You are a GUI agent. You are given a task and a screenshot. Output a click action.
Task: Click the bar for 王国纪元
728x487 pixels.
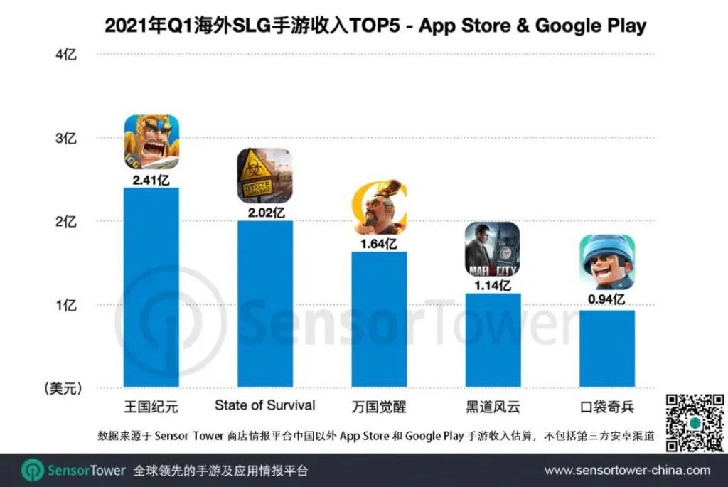[x=151, y=287]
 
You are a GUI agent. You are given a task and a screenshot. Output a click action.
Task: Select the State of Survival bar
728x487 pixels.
[x=264, y=304]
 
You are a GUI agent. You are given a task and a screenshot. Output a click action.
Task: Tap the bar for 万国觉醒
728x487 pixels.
[x=380, y=319]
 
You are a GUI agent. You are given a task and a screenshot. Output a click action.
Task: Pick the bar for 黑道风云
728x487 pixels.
[x=493, y=340]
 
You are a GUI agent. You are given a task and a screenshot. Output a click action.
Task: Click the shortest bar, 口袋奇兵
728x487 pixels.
[x=607, y=348]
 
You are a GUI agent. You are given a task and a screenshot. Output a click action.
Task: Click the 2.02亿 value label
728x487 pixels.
[x=264, y=212]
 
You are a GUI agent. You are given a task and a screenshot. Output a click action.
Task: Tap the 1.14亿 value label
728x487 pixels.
[x=493, y=285]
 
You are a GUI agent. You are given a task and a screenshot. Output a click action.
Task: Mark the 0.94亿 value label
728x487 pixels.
[x=607, y=301]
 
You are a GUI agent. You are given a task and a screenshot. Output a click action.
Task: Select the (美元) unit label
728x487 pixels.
[x=63, y=388]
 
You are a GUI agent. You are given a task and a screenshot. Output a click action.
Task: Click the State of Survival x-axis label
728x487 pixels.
[x=264, y=405]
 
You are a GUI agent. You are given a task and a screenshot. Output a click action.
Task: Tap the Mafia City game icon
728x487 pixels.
[x=493, y=250]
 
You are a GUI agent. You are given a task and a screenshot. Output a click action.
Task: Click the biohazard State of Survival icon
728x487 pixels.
[x=264, y=176]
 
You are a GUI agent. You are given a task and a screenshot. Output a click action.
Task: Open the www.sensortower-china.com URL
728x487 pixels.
[x=627, y=471]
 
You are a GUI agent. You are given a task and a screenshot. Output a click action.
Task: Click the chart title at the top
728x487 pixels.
[x=375, y=26]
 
